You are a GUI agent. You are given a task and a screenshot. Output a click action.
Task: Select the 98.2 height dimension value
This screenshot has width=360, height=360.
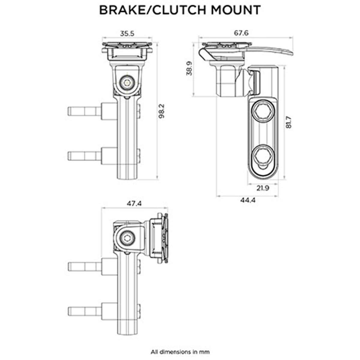point(162,111)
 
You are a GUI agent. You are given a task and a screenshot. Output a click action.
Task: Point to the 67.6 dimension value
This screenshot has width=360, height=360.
point(241,33)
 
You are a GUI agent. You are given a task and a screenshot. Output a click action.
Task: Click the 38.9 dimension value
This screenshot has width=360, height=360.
point(189,69)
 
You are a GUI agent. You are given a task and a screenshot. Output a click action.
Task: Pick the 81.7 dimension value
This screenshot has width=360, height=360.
point(289,122)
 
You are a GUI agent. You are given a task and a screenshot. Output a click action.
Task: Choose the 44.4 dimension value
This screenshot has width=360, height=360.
point(247,200)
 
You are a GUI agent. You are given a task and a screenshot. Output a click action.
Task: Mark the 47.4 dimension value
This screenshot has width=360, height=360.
point(134,203)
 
